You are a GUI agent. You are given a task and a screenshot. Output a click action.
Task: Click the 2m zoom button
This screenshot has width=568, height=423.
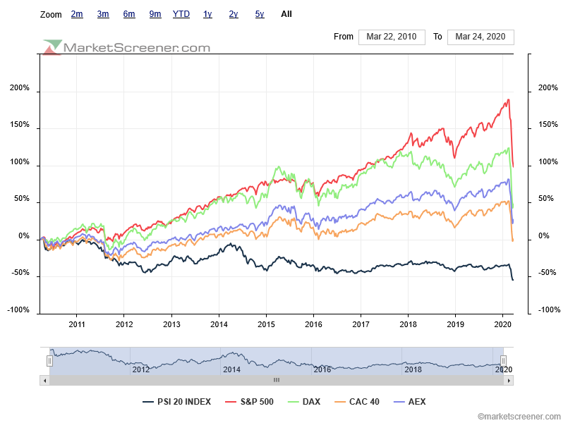click(77, 14)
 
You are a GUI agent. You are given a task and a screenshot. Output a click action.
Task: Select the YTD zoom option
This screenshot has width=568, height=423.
click(181, 14)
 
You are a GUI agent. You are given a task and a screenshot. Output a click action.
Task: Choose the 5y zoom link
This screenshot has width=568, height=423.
click(260, 14)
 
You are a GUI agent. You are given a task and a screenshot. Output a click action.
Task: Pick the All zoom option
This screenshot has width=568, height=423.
click(286, 14)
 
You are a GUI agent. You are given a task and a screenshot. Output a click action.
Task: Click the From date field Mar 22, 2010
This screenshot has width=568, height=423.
click(392, 37)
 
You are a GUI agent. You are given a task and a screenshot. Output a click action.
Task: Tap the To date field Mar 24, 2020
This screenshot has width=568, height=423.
click(481, 37)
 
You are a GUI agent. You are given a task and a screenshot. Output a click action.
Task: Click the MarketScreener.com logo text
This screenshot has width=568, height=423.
click(137, 48)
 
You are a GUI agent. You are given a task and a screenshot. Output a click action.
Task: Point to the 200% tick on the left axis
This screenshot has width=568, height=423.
click(19, 88)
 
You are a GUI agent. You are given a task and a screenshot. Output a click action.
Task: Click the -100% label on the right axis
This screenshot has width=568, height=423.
click(549, 310)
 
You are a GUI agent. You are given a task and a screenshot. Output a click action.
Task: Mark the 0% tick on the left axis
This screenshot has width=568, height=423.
click(23, 236)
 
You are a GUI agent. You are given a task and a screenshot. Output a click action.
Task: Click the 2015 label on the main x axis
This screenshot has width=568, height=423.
click(266, 324)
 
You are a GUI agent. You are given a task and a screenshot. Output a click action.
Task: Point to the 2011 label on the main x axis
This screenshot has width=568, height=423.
click(77, 324)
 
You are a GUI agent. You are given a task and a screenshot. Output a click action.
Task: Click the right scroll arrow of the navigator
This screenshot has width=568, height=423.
click(509, 380)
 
